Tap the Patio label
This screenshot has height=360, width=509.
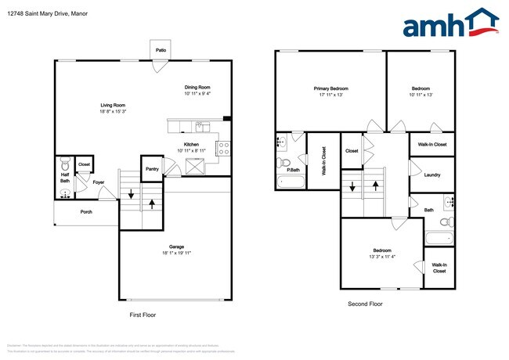161,50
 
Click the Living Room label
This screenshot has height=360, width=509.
113,105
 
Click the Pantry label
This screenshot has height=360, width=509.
152,168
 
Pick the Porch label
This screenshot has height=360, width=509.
86,212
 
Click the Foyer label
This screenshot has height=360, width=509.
99,183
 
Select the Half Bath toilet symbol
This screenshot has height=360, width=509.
66,164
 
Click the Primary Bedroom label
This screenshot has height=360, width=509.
331,88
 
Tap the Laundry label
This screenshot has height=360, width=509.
431,175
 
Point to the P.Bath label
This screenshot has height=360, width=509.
294,170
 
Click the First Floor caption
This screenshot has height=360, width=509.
143,314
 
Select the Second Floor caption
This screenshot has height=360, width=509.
365,304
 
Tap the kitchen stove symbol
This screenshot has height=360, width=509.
223,145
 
